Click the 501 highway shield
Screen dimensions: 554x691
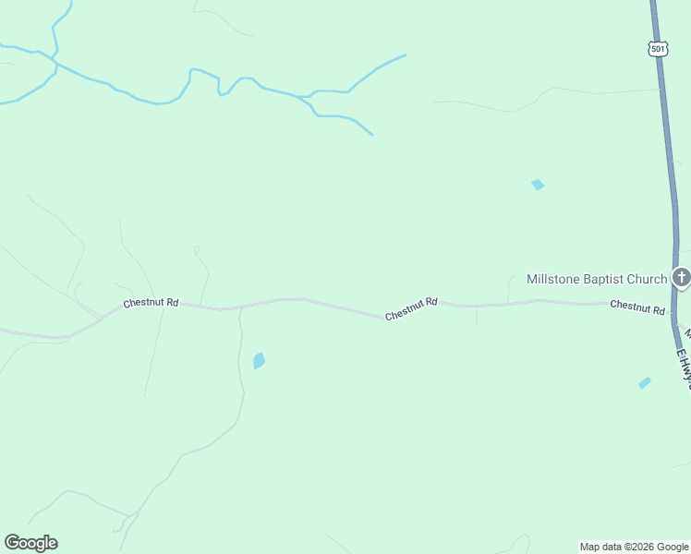click(x=657, y=49)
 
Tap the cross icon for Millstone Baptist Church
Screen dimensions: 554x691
click(x=681, y=277)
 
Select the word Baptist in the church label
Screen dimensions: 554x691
click(x=605, y=279)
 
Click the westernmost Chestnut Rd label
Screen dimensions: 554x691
click(x=151, y=303)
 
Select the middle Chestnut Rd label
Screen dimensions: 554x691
click(x=411, y=308)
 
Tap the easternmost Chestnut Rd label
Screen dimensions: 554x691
click(x=637, y=307)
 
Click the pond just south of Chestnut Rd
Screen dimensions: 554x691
click(x=259, y=360)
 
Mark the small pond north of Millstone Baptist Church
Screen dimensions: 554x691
click(x=538, y=185)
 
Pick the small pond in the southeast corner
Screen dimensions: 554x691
click(x=644, y=382)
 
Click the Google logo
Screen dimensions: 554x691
click(x=30, y=543)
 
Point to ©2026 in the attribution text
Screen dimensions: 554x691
click(x=641, y=547)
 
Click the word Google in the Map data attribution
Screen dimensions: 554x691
click(x=673, y=547)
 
